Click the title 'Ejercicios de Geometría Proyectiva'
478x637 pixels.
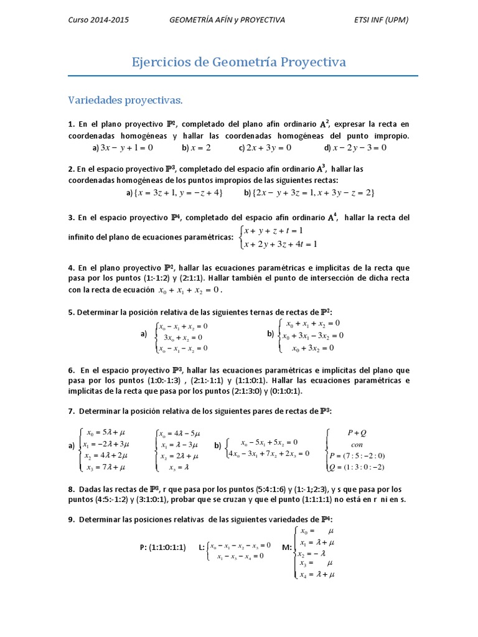[239, 62]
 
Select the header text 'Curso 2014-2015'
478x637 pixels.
[98, 20]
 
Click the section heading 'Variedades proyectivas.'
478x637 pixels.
[125, 100]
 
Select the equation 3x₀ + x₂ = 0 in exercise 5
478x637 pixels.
[183, 337]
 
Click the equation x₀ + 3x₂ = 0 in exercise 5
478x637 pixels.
[313, 348]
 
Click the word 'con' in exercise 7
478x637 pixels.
[357, 444]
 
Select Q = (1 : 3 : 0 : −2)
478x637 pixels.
[357, 467]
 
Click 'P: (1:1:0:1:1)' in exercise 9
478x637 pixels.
[162, 547]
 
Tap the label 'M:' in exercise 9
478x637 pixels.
[287, 547]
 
